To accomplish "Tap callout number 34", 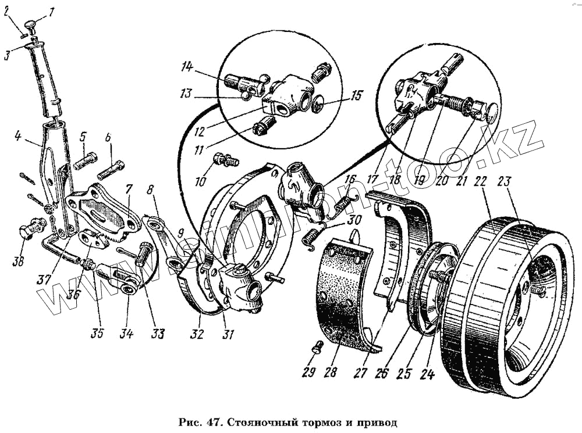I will click(126, 334).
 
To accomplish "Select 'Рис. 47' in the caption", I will click(196, 420).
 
